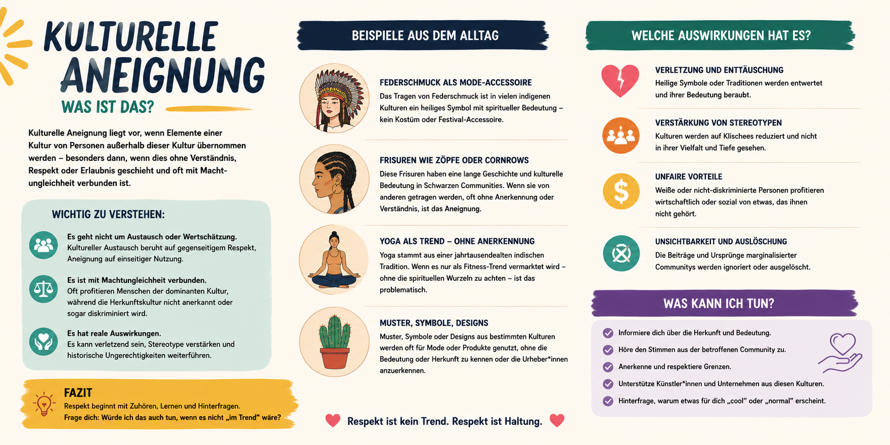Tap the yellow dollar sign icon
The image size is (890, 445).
(621, 191)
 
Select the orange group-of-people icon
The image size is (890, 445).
(621, 135)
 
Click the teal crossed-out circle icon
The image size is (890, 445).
(621, 253)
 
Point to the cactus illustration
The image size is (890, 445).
(334, 343)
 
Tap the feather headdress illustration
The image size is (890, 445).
(335, 98)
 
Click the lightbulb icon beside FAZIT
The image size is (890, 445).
(44, 404)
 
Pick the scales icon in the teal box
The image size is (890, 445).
(43, 288)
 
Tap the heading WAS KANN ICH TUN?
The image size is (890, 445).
(719, 304)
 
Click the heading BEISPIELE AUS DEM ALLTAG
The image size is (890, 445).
(425, 36)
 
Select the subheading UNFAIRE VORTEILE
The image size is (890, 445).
(689, 177)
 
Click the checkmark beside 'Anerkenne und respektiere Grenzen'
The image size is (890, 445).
(608, 367)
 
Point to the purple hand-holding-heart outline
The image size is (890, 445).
(841, 354)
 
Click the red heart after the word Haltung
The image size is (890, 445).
(557, 420)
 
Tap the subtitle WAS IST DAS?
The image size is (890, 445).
(107, 107)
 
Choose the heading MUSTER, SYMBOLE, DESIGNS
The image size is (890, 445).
(434, 323)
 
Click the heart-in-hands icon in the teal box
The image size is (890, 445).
(43, 341)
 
